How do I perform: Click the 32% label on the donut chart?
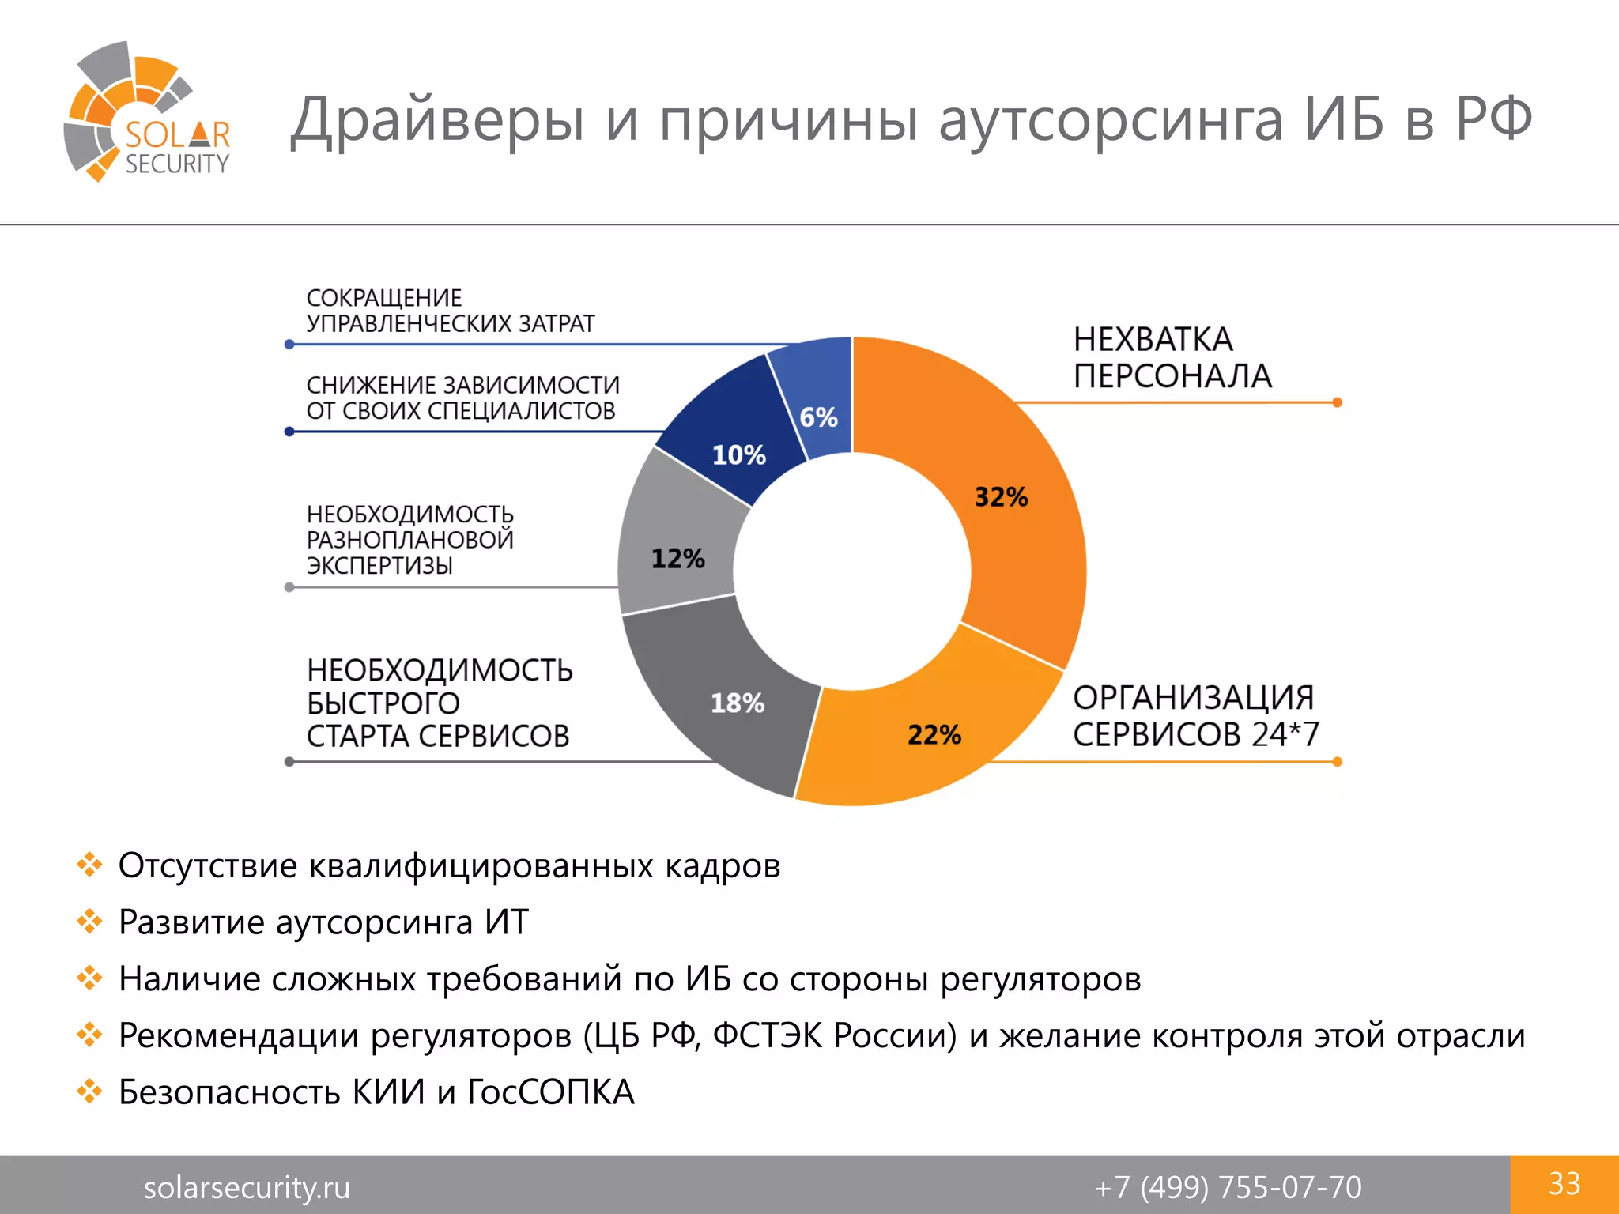click(x=1001, y=497)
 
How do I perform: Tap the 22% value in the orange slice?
click(x=934, y=735)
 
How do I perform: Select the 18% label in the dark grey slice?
click(x=737, y=703)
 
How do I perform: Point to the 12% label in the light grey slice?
click(x=677, y=559)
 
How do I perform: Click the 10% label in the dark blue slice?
click(x=738, y=455)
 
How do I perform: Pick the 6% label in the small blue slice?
click(x=818, y=417)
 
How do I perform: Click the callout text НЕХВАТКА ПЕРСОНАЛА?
click(x=1172, y=358)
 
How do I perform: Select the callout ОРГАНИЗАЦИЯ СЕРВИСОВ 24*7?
click(x=1195, y=716)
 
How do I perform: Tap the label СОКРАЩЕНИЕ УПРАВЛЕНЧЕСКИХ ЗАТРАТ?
click(x=450, y=311)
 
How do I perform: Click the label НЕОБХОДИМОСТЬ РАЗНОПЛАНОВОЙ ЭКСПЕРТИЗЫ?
click(x=409, y=540)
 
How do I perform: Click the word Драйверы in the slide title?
click(x=437, y=120)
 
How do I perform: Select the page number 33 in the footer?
click(x=1564, y=1184)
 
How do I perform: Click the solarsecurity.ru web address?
click(x=247, y=1187)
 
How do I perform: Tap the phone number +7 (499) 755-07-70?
click(x=1228, y=1187)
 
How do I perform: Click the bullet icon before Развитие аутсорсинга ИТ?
click(x=90, y=922)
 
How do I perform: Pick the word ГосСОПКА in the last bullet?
click(x=551, y=1092)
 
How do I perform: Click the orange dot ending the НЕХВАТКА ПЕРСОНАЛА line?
click(x=1338, y=402)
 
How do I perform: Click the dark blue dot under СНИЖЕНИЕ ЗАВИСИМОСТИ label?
click(x=289, y=432)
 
